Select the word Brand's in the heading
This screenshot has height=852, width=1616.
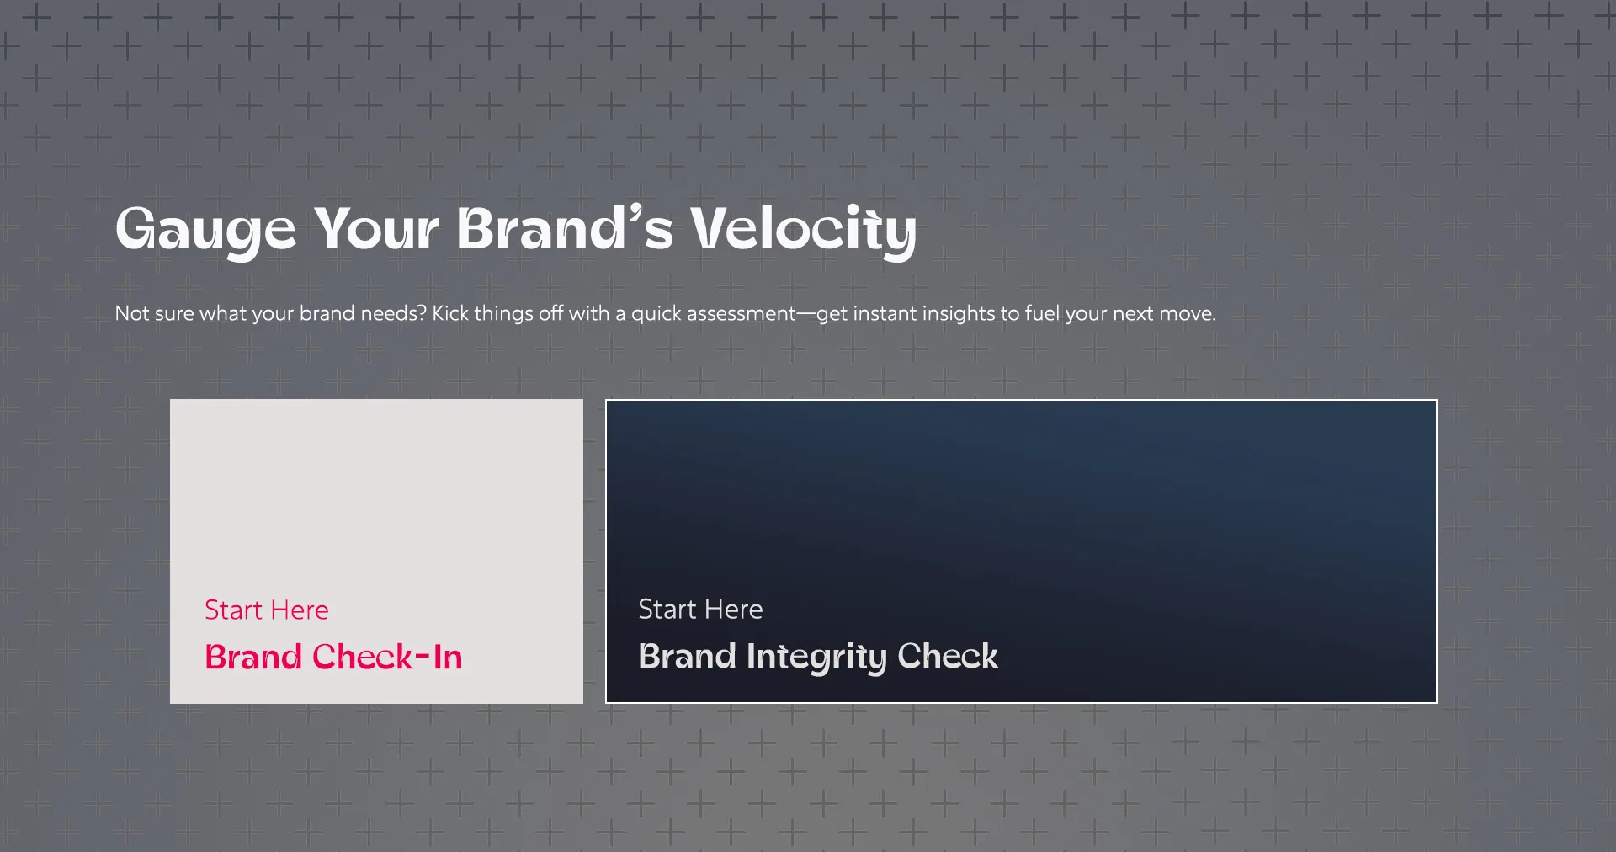(x=565, y=228)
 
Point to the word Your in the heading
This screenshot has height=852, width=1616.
(x=376, y=229)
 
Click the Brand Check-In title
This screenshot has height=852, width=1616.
(x=333, y=657)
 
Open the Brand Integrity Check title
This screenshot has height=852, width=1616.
(x=818, y=657)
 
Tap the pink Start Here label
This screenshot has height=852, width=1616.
(x=267, y=610)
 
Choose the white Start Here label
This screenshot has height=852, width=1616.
(x=700, y=609)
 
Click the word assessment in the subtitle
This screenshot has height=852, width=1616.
(x=742, y=313)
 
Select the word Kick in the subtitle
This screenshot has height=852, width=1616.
(x=450, y=313)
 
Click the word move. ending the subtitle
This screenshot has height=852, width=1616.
(x=1187, y=314)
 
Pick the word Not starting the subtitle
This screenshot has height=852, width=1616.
(x=132, y=313)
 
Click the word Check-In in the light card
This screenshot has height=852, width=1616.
(x=387, y=657)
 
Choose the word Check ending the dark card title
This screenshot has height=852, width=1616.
(x=948, y=656)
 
